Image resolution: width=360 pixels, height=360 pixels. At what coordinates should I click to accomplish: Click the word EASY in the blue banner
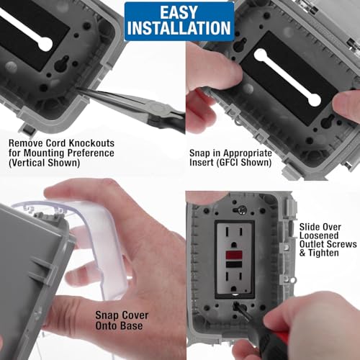179,12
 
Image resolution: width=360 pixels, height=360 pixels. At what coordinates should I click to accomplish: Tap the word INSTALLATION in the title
179,29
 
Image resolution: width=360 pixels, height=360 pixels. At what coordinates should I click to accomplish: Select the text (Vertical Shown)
45,164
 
